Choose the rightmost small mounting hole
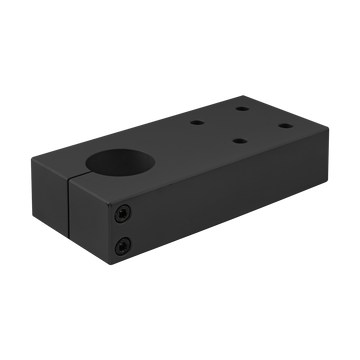(x=282, y=127)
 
